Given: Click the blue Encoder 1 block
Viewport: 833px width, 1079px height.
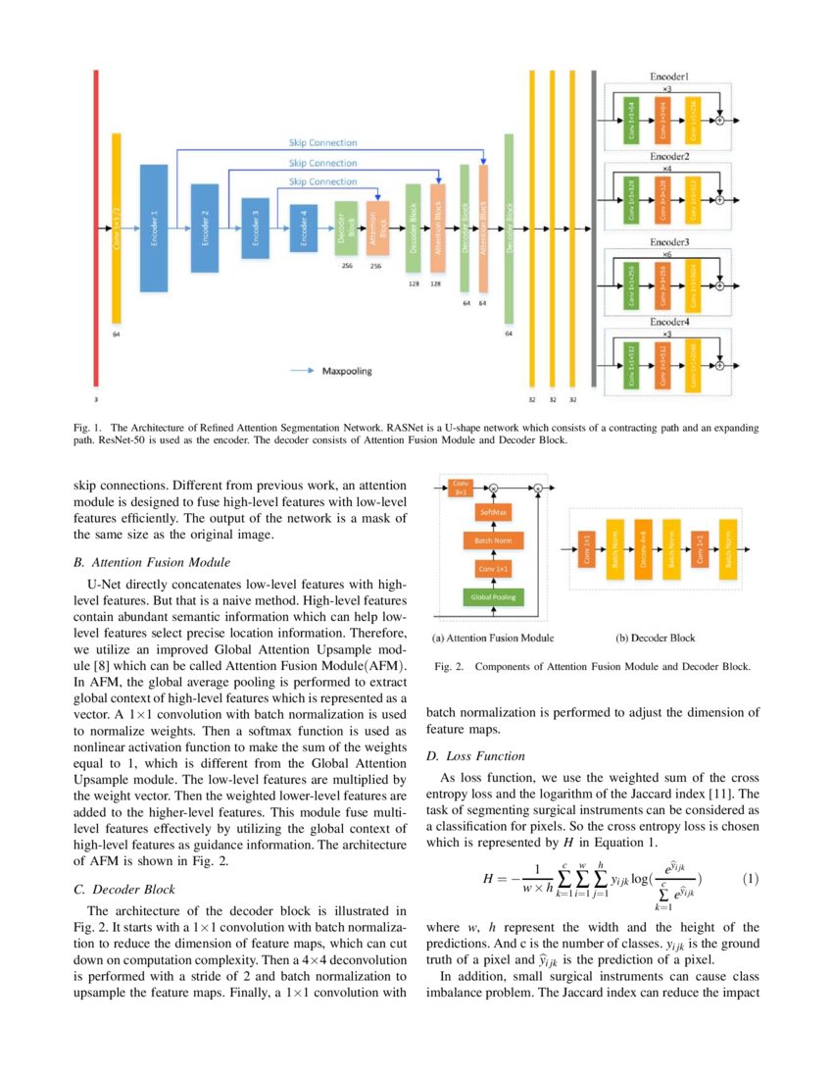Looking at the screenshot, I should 155,228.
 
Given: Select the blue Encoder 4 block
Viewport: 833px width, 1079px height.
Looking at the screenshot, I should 305,228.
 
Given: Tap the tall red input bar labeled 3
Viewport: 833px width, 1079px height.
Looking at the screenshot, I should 96,228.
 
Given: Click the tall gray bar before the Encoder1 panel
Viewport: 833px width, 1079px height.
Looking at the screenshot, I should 594,228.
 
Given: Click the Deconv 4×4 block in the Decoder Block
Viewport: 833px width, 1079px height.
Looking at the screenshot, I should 644,554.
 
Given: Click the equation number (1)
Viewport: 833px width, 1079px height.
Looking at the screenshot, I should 750,877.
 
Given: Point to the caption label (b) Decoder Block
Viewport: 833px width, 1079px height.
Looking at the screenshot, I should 656,639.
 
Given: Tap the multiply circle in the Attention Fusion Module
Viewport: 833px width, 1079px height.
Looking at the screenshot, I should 495,488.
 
